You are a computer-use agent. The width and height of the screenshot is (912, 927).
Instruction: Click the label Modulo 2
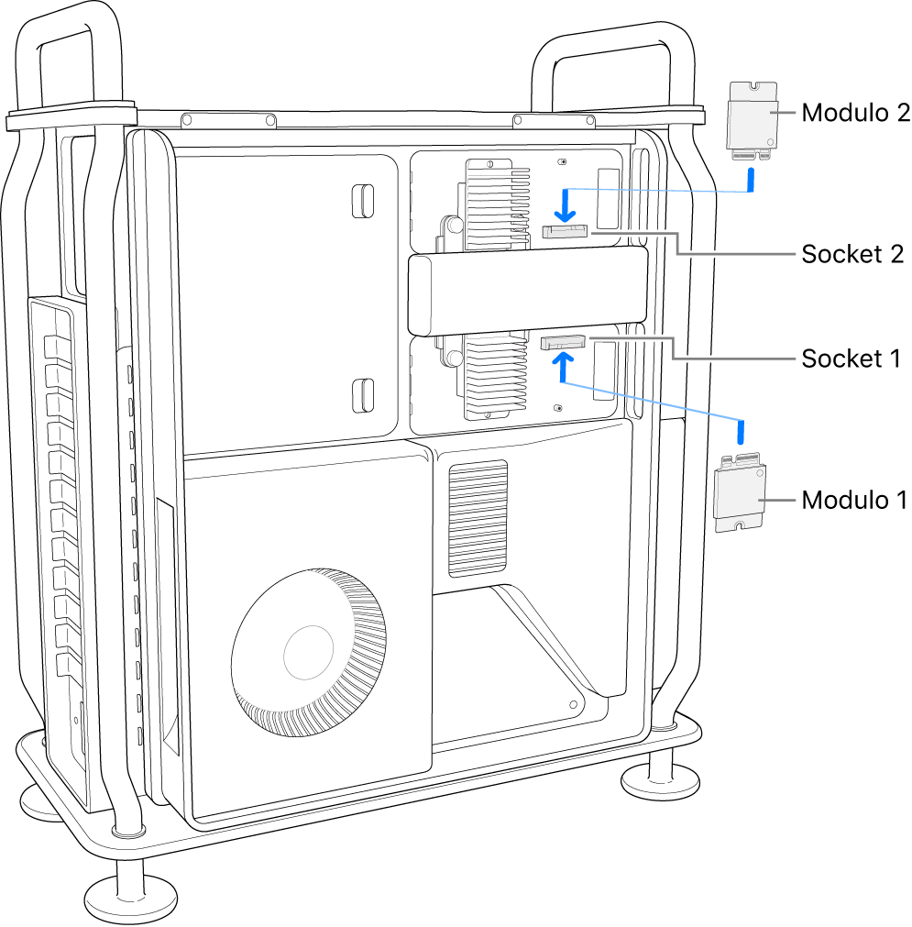tap(855, 113)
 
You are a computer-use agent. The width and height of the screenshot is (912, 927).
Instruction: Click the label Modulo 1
tap(854, 500)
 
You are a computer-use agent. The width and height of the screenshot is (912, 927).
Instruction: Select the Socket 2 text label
tap(853, 254)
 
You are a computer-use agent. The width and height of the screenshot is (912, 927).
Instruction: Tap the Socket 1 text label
tap(852, 359)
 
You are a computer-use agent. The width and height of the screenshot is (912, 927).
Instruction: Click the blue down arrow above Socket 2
tap(567, 206)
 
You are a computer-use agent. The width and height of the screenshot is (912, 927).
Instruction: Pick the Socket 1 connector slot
tap(562, 343)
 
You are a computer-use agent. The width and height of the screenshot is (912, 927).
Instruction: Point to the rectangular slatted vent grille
tap(477, 518)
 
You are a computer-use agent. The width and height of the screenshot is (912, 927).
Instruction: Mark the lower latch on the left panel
tap(363, 394)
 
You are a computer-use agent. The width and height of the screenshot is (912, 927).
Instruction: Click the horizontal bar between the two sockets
tap(527, 293)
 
